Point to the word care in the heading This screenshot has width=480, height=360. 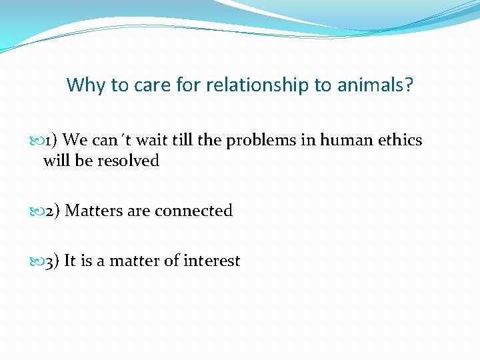152,85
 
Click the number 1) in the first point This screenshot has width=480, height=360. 51,141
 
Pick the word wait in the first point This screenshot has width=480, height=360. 153,141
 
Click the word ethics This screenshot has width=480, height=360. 401,141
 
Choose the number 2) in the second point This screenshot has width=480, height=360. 53,211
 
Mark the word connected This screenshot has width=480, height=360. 193,211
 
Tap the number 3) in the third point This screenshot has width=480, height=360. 53,261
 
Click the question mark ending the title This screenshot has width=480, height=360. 409,85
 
